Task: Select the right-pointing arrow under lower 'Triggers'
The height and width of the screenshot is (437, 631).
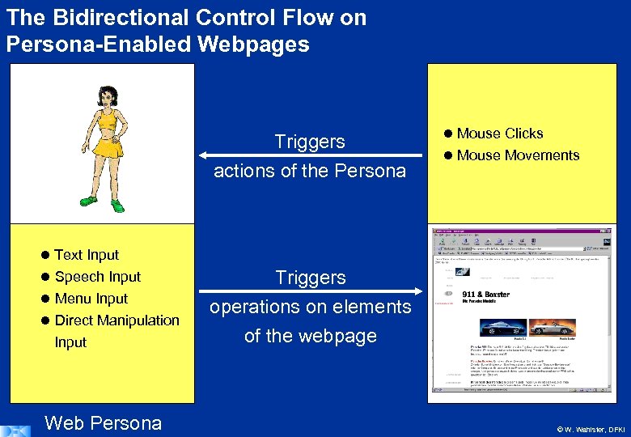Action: [x=311, y=291]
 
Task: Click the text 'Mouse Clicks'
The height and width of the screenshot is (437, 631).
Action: [x=499, y=134]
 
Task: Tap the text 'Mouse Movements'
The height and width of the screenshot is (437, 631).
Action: [x=518, y=155]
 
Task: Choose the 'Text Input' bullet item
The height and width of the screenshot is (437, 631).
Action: [x=86, y=255]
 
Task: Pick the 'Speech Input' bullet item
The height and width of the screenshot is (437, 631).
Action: [x=97, y=277]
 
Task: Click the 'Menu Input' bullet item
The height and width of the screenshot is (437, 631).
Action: [x=91, y=299]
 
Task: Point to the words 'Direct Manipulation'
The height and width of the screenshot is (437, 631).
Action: [x=116, y=320]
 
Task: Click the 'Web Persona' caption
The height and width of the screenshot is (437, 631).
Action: [x=104, y=422]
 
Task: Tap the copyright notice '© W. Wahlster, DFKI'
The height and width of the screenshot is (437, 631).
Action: [x=591, y=428]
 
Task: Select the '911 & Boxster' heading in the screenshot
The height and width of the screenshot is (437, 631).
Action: [x=485, y=295]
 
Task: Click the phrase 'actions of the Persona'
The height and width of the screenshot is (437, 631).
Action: [x=310, y=171]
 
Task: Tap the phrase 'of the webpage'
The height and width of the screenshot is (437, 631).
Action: [x=311, y=336]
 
